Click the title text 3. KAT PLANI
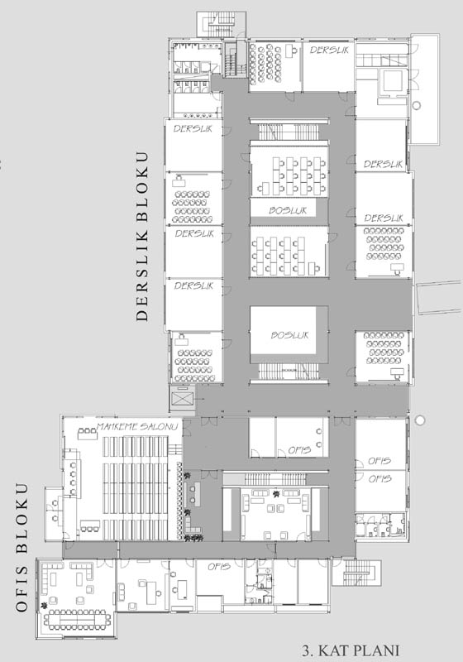351,650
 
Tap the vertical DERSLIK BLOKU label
142,237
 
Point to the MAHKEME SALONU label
137,426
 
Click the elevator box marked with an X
182,398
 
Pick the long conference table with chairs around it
77,619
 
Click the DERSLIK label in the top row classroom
329,50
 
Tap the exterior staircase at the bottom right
356,573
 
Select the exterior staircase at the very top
221,25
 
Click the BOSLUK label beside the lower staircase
289,335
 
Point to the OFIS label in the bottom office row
219,567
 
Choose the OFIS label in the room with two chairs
299,450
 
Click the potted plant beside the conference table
44,607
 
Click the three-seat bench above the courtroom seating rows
88,431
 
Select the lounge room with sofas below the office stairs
275,514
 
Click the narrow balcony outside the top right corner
425,89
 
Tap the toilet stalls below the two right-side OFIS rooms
380,525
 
